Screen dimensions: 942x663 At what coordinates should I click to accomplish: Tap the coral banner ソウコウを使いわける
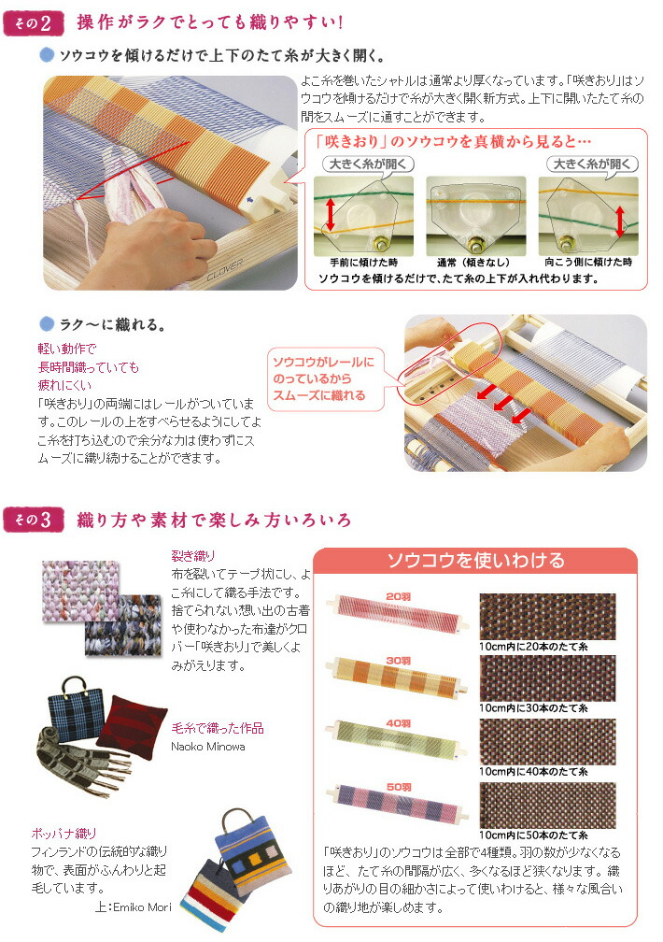(x=475, y=561)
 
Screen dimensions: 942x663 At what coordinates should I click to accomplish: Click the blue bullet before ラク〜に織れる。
(x=47, y=326)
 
